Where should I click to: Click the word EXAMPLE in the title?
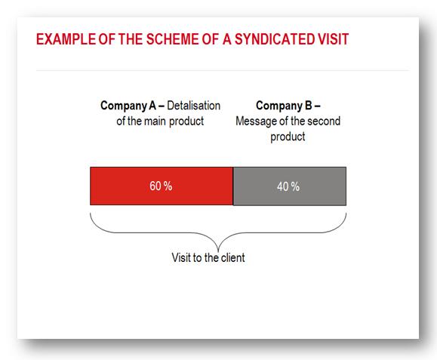(66, 39)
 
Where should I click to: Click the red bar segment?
(162, 186)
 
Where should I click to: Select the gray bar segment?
(290, 186)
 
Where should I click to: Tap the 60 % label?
(161, 186)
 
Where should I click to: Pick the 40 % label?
(288, 186)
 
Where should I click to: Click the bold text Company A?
(128, 106)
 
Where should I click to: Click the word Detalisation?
(194, 106)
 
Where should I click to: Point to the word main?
(155, 122)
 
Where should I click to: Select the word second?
(324, 122)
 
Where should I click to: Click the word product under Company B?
(288, 137)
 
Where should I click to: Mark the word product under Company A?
(186, 122)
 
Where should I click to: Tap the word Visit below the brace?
(180, 257)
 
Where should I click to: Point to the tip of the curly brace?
(218, 251)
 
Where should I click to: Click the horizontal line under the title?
(223, 70)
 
